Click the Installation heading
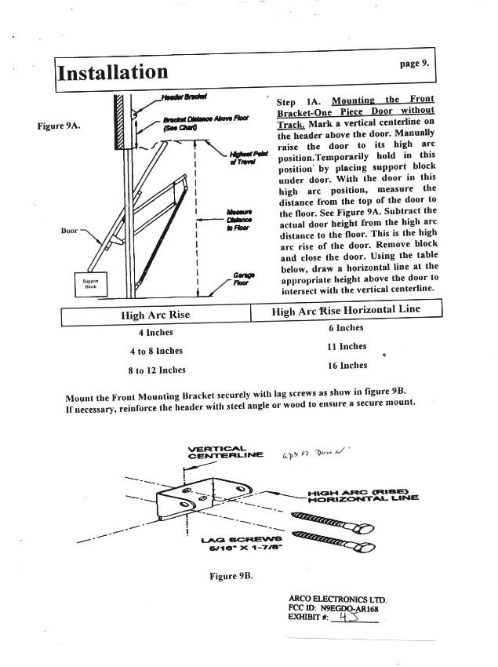(113, 72)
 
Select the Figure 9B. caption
(233, 575)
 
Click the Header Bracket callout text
(184, 97)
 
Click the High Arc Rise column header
(155, 315)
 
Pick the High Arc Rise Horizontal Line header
(345, 311)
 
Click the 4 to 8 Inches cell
(157, 351)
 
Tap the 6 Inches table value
(346, 328)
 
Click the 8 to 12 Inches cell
(157, 369)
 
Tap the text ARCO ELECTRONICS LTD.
(338, 600)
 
